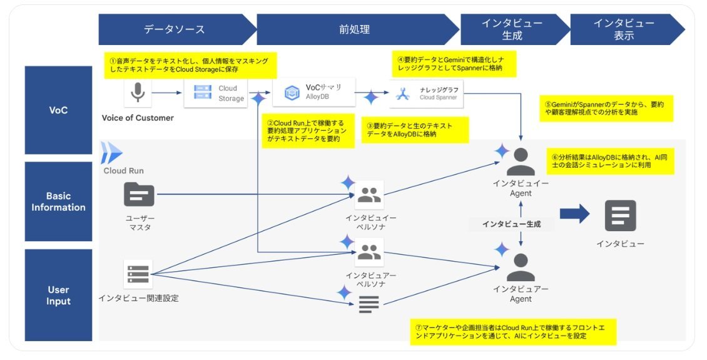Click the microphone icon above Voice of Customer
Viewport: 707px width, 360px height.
point(138,93)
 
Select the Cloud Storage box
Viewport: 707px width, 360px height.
point(215,93)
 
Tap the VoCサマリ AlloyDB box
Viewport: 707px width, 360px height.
point(314,92)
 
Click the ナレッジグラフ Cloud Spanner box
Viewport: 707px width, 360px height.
point(426,94)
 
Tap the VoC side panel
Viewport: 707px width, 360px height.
point(58,110)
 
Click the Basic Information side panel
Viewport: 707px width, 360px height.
point(58,201)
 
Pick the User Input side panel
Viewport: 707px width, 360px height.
point(58,295)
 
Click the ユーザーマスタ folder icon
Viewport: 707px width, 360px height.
point(140,195)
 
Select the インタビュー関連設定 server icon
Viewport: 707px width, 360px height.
point(138,274)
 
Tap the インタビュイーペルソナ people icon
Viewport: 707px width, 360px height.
point(369,195)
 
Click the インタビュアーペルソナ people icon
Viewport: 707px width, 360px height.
point(369,252)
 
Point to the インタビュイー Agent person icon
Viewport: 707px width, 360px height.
point(521,162)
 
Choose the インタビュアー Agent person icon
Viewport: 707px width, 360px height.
point(521,267)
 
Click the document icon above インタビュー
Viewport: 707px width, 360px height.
point(621,215)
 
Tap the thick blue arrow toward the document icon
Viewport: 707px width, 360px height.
point(575,213)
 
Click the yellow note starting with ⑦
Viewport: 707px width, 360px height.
point(513,332)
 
